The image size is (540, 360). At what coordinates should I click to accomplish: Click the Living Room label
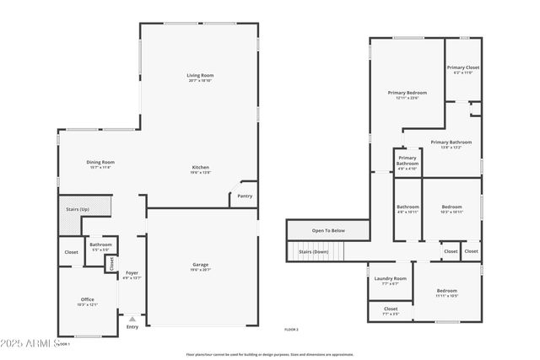coord(199,76)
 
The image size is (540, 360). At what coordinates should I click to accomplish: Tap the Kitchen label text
coord(200,168)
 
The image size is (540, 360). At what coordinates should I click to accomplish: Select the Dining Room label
coord(100,162)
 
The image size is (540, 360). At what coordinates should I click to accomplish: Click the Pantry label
coord(245,196)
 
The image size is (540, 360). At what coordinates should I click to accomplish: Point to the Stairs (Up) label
coord(78,208)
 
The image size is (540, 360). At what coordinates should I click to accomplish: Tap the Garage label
coord(200,265)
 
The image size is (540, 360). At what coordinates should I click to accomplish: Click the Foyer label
coord(132,272)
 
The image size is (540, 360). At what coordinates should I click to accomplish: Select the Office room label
coord(88,299)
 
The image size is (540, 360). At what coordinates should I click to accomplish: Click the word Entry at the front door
coord(132,326)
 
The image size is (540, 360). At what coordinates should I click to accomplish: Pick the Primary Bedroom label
coord(408,93)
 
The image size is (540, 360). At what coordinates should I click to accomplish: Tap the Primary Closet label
coord(462,67)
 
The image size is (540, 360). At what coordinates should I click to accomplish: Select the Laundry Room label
coord(390,278)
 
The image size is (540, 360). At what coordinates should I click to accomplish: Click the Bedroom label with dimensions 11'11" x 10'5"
coord(446,291)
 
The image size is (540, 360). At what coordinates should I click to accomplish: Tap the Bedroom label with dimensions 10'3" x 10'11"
coord(451,207)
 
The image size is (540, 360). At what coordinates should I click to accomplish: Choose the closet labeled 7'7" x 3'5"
coord(390,309)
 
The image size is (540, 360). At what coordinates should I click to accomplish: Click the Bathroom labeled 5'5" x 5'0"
coord(100,244)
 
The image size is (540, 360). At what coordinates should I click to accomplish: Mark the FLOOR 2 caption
coord(291,329)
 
